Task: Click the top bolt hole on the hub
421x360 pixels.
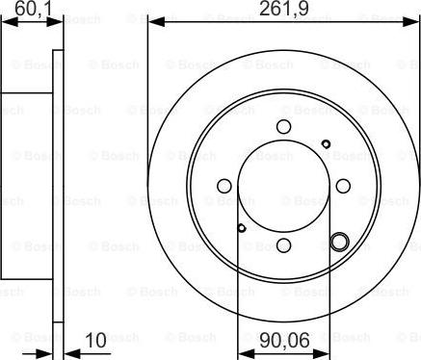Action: click(282, 126)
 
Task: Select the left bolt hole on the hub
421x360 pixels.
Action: click(224, 186)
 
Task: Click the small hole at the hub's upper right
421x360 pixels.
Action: click(326, 144)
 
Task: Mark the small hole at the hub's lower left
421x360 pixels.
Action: click(240, 228)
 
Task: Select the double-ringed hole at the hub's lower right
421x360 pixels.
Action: click(338, 241)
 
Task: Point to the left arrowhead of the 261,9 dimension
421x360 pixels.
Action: click(151, 21)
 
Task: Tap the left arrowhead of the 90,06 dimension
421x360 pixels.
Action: click(241, 350)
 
